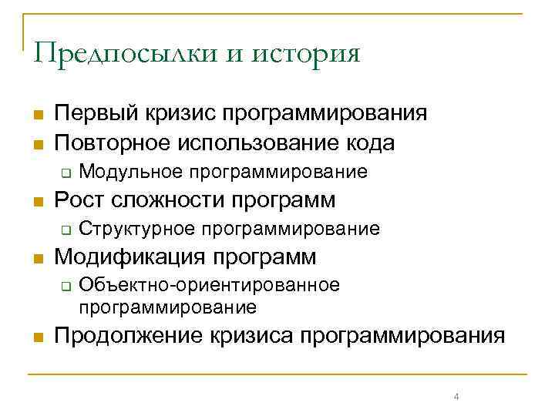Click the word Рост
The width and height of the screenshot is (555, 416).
point(80,200)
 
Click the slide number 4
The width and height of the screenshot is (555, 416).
point(456,397)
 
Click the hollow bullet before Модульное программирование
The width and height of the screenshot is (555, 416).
point(66,171)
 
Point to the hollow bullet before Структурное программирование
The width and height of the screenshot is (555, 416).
point(66,229)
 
